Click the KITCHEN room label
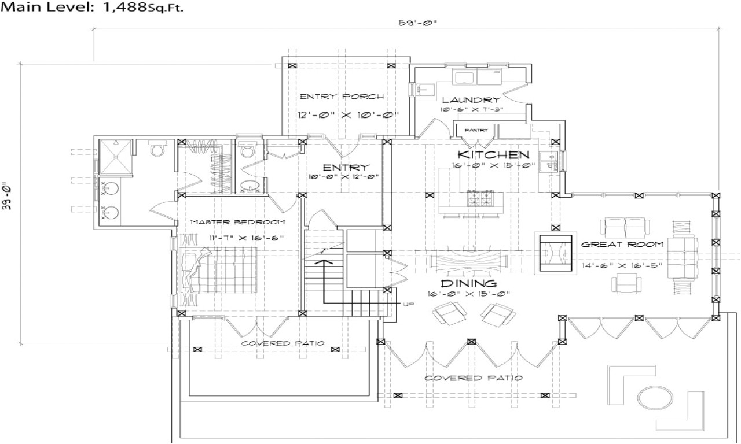493,155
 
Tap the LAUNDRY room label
471,100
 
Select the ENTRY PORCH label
342,96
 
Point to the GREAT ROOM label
622,245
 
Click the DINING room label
469,284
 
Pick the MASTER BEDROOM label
237,222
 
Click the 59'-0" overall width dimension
416,24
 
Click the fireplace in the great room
554,253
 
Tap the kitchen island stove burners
480,198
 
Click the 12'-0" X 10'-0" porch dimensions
349,114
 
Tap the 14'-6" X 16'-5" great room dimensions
622,265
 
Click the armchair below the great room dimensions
627,283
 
